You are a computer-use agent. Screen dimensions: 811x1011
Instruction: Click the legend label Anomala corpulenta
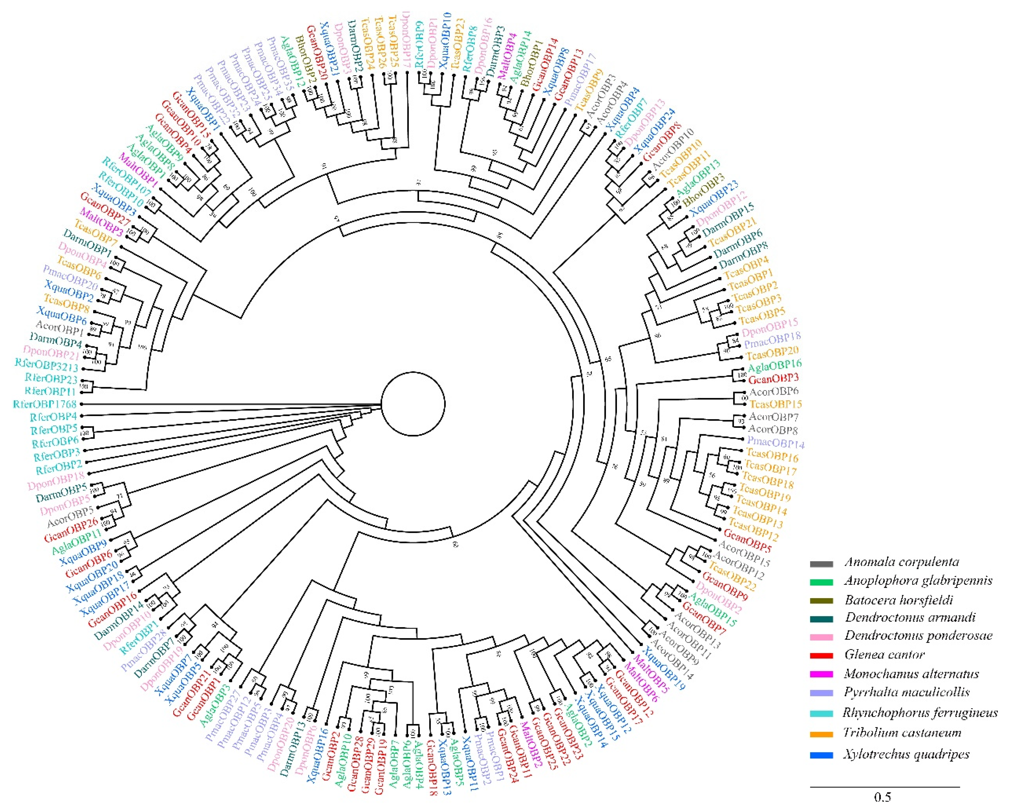(x=901, y=562)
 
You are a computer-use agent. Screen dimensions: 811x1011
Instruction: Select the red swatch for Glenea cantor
(x=821, y=655)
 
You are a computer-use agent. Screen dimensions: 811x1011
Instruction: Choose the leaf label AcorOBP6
(x=774, y=391)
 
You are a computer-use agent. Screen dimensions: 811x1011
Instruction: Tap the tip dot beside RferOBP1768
(x=82, y=404)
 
